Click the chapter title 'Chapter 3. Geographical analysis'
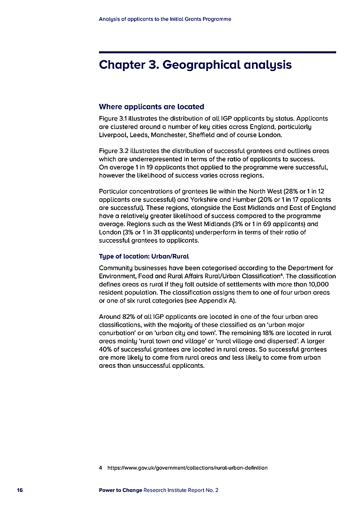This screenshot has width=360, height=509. pyautogui.click(x=195, y=65)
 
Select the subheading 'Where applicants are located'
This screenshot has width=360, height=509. pyautogui.click(x=151, y=107)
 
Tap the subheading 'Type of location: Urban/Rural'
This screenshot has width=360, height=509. pyautogui.click(x=144, y=256)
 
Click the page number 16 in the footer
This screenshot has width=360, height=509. pyautogui.click(x=20, y=490)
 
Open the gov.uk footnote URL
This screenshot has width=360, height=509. pyautogui.click(x=187, y=468)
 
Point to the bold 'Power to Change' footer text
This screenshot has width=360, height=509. pyautogui.click(x=120, y=490)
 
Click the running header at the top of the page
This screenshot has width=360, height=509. pyautogui.click(x=165, y=19)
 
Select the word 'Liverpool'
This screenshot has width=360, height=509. pyautogui.click(x=112, y=135)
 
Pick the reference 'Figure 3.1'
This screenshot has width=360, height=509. pyautogui.click(x=114, y=119)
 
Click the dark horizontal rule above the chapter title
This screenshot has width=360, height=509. pyautogui.click(x=217, y=52)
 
